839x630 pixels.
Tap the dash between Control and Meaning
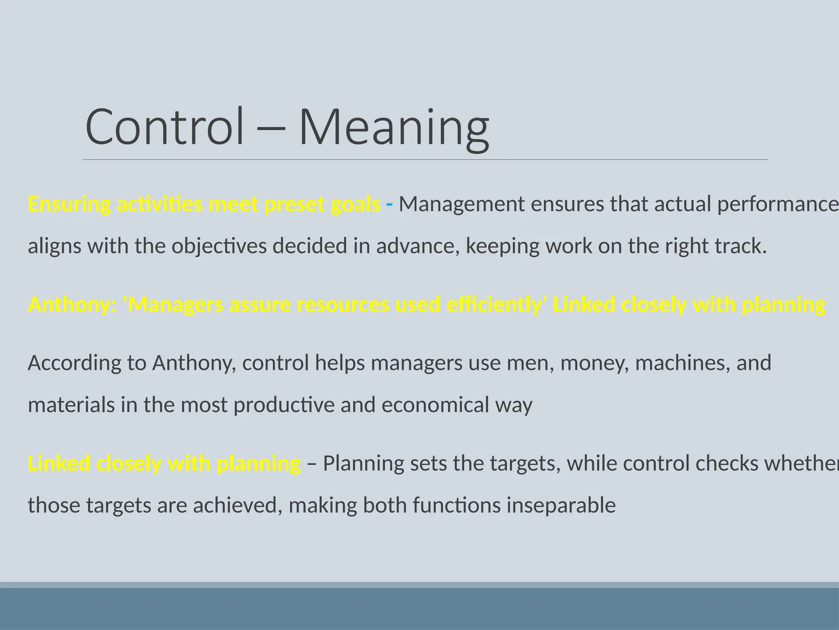click(271, 128)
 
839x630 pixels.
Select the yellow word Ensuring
click(69, 204)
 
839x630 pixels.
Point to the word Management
click(462, 204)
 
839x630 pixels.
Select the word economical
click(435, 405)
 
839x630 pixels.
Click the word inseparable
click(561, 505)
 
